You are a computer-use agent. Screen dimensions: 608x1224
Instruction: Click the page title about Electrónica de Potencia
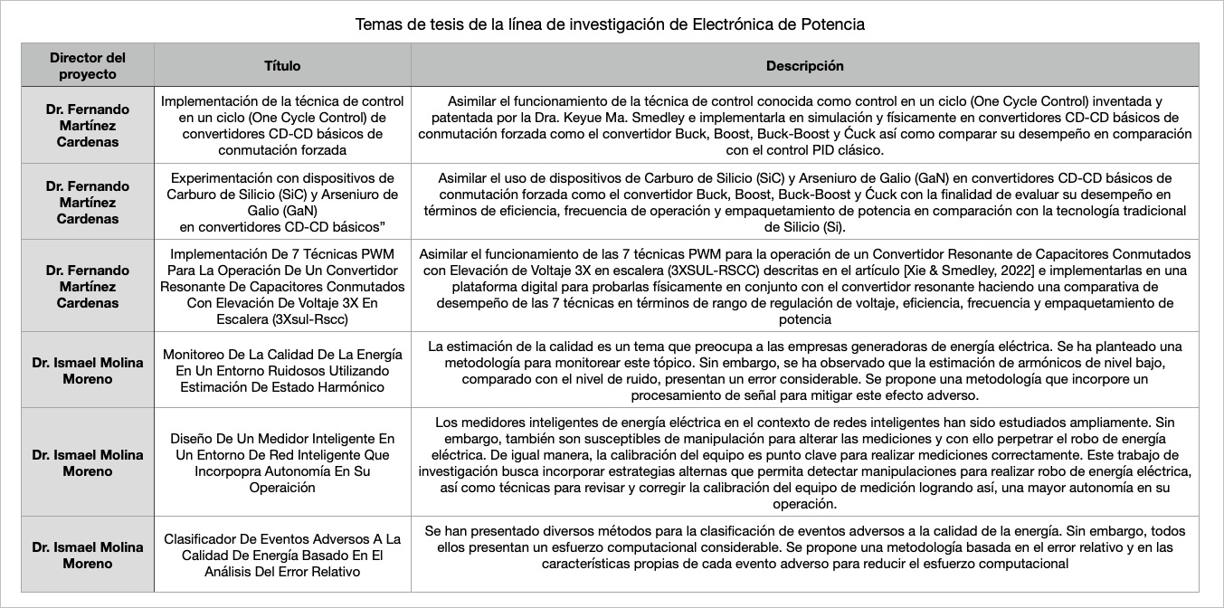611,24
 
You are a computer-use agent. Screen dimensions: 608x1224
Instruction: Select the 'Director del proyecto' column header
88,65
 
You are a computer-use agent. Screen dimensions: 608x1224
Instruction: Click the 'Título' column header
282,66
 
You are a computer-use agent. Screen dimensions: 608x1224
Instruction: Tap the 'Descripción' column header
804,66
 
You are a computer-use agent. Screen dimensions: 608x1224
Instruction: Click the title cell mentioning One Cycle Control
282,126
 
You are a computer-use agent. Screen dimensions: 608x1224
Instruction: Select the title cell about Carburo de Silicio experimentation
282,202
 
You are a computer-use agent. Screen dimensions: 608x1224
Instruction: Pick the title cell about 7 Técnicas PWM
282,286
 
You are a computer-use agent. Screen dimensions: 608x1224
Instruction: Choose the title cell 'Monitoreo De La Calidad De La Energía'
282,371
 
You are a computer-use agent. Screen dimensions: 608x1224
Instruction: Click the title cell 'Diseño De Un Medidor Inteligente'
282,462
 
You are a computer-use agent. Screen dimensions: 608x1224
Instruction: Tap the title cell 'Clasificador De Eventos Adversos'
282,555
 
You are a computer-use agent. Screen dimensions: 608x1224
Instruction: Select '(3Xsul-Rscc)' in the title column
309,318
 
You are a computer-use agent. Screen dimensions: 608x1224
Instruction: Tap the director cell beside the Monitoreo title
88,371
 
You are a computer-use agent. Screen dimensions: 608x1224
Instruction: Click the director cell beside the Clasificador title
88,555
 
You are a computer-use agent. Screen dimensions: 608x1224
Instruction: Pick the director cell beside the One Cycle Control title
88,126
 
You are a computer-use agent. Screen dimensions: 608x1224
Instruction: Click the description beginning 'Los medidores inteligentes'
804,463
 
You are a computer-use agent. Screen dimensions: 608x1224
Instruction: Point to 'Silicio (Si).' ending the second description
804,227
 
